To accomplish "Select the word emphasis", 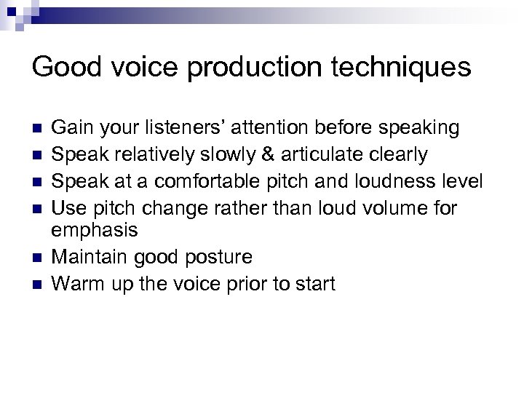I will (95, 231).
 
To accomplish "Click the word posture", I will (220, 258).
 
